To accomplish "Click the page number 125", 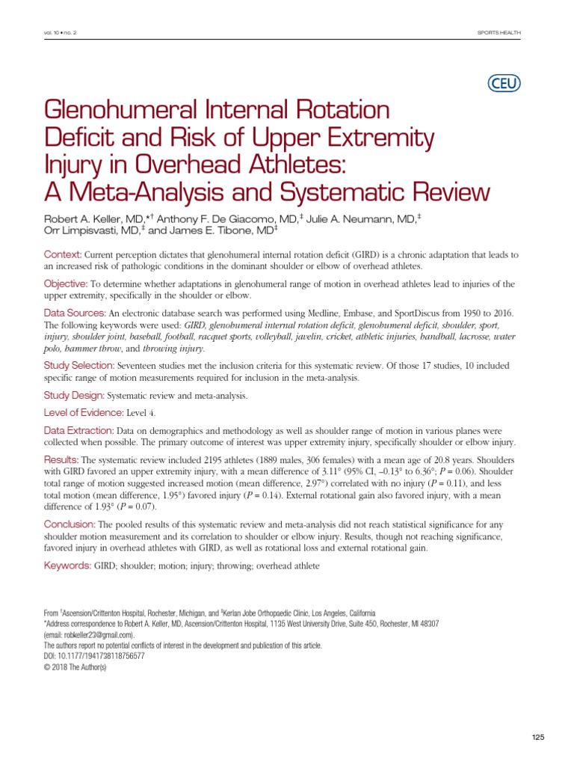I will pyautogui.click(x=538, y=737).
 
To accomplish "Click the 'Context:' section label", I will pyautogui.click(x=63, y=255).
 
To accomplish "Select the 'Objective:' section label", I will pyautogui.click(x=67, y=284).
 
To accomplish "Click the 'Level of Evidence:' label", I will pyautogui.click(x=83, y=412).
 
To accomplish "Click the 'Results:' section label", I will pyautogui.click(x=61, y=459).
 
